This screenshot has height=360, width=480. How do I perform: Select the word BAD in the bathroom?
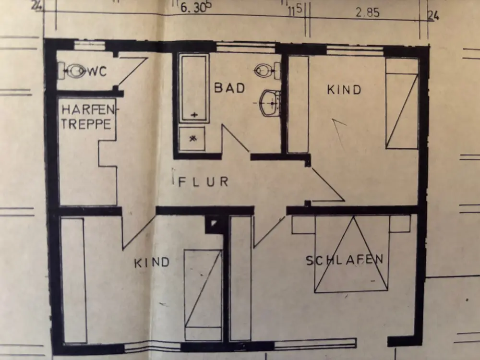229,88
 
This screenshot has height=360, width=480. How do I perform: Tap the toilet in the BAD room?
266,71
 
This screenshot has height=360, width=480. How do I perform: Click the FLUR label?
204,181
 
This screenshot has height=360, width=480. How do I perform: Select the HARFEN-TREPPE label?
87,117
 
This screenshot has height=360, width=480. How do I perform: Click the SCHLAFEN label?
345,260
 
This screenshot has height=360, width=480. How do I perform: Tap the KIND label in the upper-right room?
344,90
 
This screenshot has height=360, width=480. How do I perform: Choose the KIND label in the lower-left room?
152,263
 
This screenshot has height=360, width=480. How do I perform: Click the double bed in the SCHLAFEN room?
351,254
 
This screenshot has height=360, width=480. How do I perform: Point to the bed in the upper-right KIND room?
402,104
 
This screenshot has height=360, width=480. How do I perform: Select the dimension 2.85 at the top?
367,12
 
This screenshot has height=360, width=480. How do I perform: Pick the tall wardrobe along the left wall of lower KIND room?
73,280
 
